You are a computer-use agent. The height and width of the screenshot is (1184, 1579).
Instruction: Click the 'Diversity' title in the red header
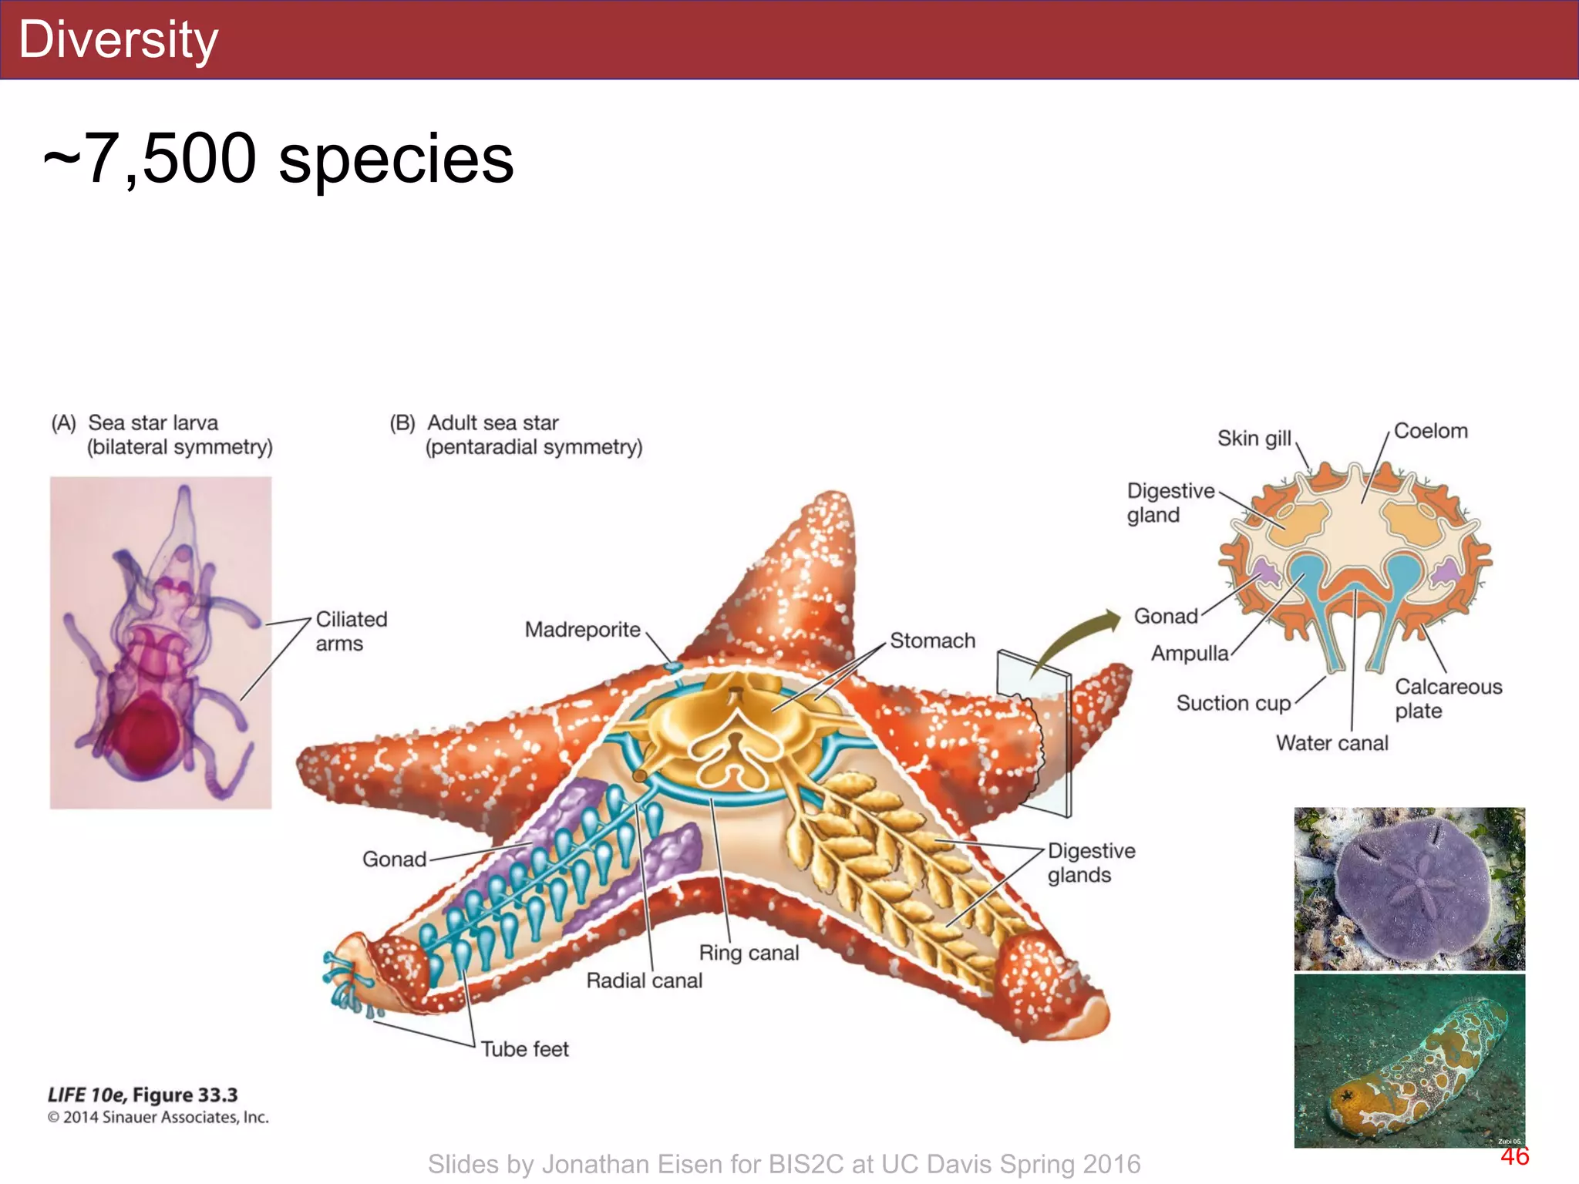(118, 40)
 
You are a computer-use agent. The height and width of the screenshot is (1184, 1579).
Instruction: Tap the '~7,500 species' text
(278, 159)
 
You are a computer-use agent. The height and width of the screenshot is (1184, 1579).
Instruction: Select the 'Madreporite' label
(582, 630)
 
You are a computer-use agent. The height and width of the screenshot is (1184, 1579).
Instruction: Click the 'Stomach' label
(932, 641)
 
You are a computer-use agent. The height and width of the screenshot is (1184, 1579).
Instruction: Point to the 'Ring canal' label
(749, 953)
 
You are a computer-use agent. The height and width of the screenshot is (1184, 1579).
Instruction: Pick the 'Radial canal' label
(644, 980)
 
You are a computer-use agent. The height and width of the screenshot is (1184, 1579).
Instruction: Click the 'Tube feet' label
(524, 1049)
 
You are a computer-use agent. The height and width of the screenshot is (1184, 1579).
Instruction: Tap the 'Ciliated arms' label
(351, 631)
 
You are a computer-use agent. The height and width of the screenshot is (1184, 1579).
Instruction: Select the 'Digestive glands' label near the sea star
(1090, 863)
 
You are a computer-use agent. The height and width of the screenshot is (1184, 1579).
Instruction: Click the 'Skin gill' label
(1254, 439)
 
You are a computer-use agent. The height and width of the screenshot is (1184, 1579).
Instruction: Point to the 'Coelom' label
(1430, 431)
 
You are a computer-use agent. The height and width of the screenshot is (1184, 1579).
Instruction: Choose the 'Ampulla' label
(1190, 654)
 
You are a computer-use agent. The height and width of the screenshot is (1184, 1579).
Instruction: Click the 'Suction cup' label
(1233, 703)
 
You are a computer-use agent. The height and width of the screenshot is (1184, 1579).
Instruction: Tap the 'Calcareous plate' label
(1448, 698)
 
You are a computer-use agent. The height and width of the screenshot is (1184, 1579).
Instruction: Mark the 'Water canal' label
(1332, 743)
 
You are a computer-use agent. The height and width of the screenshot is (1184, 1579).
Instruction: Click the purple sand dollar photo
(1409, 888)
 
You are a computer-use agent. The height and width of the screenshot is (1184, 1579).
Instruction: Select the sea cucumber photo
(1409, 1061)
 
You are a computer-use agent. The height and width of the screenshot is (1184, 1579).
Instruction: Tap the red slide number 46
(1514, 1156)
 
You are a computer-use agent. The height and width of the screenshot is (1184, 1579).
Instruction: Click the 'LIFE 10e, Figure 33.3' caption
(143, 1095)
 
